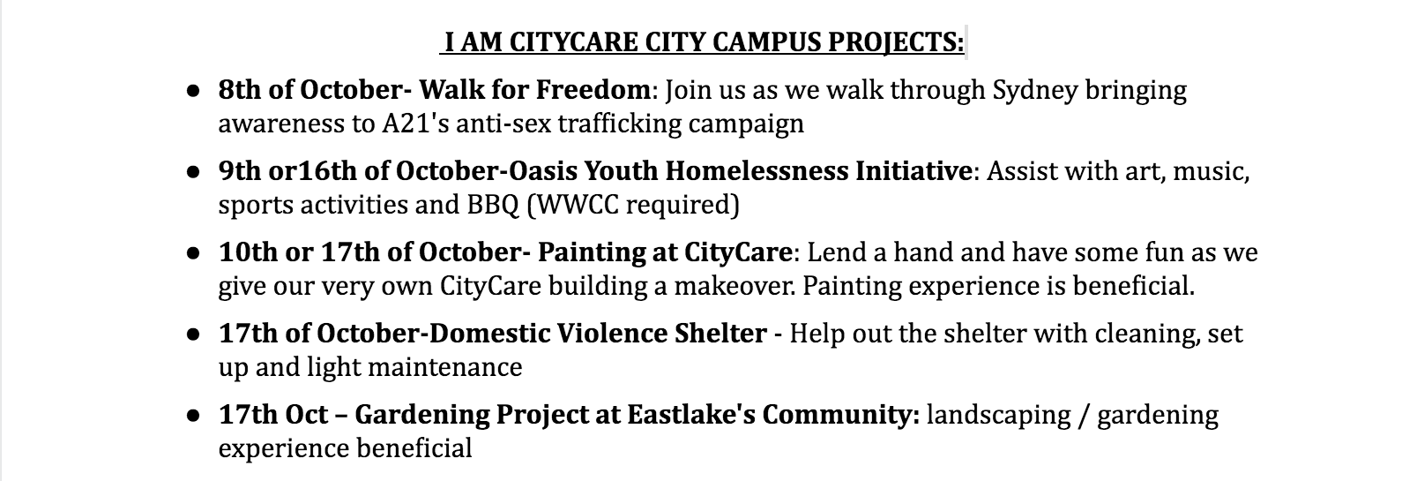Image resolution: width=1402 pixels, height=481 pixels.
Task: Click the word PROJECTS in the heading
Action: (896, 42)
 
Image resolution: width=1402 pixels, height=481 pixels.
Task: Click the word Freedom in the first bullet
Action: (593, 89)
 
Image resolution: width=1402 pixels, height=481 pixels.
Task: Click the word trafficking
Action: (620, 124)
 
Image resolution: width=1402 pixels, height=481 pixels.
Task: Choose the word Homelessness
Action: (756, 170)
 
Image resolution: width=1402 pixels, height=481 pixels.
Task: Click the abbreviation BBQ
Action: (493, 205)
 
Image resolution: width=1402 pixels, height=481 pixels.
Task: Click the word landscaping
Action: (998, 416)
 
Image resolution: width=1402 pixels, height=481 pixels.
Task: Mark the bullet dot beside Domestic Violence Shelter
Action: (193, 334)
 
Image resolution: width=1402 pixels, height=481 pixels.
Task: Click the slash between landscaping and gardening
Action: (1084, 416)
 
